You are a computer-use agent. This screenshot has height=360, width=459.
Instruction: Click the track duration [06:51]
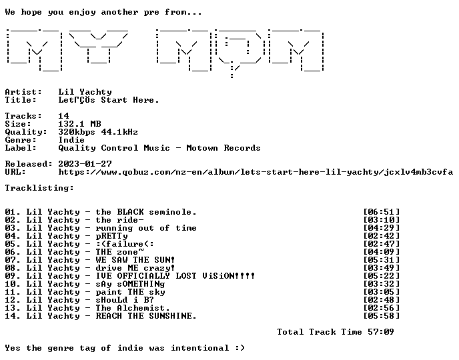pyautogui.click(x=382, y=212)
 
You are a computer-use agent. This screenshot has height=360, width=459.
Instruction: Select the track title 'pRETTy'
pyautogui.click(x=111, y=236)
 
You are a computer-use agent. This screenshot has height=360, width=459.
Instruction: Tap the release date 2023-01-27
pyautogui.click(x=85, y=164)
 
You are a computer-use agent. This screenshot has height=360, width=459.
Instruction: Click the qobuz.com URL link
pyautogui.click(x=256, y=172)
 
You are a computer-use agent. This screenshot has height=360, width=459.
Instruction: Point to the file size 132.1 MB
pyautogui.click(x=79, y=124)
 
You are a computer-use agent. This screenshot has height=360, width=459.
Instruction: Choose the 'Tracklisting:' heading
pyautogui.click(x=39, y=188)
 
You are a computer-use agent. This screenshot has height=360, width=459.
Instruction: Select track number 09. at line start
pyautogui.click(x=13, y=276)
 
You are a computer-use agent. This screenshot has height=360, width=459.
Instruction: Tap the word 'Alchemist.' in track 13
pyautogui.click(x=143, y=308)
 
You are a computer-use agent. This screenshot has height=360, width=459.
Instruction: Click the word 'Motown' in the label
pyautogui.click(x=202, y=148)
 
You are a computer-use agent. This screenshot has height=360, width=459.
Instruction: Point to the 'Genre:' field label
pyautogui.click(x=21, y=140)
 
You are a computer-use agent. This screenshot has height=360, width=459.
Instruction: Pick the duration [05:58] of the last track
pyautogui.click(x=382, y=316)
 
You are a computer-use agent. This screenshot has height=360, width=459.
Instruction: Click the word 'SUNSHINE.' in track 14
pyautogui.click(x=172, y=316)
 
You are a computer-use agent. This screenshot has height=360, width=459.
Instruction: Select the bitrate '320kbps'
pyautogui.click(x=77, y=132)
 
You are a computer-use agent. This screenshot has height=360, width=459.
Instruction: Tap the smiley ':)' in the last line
pyautogui.click(x=240, y=348)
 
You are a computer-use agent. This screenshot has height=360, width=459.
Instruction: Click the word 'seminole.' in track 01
pyautogui.click(x=172, y=212)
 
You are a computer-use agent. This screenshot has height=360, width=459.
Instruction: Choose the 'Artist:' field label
pyautogui.click(x=23, y=92)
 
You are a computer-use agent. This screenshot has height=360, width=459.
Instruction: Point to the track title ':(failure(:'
pyautogui.click(x=125, y=244)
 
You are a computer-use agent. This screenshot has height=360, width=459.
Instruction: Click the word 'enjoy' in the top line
pyautogui.click(x=82, y=12)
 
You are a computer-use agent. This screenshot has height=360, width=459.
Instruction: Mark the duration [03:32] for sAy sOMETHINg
pyautogui.click(x=382, y=284)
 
